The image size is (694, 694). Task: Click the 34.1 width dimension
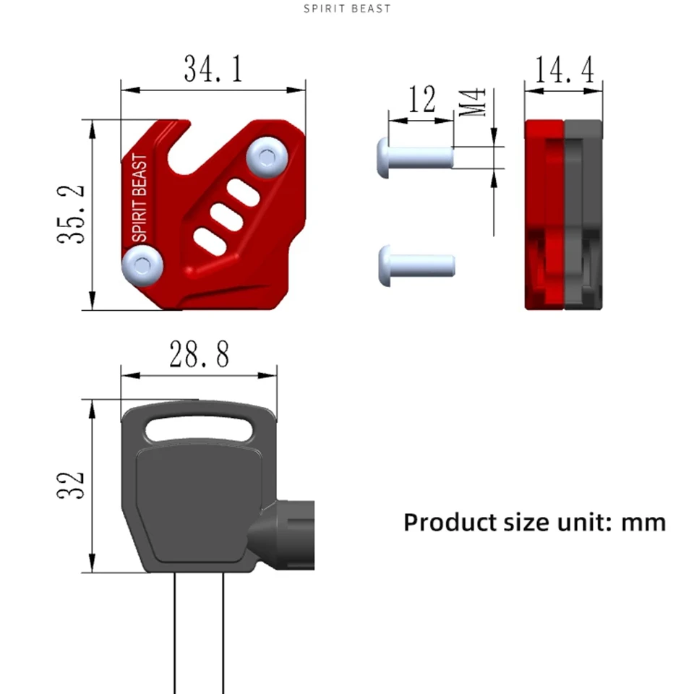click(x=213, y=69)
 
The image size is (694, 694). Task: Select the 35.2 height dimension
click(x=71, y=214)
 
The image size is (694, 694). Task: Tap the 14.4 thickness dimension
click(x=565, y=70)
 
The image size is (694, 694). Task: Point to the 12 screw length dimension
click(x=421, y=99)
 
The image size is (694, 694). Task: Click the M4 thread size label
click(x=472, y=102)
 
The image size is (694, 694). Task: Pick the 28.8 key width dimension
click(x=200, y=354)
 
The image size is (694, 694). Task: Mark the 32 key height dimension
click(x=71, y=486)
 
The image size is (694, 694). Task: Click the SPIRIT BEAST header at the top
click(x=347, y=9)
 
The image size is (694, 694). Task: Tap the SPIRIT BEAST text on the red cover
click(x=140, y=198)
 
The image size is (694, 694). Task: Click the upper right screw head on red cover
click(x=267, y=157)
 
